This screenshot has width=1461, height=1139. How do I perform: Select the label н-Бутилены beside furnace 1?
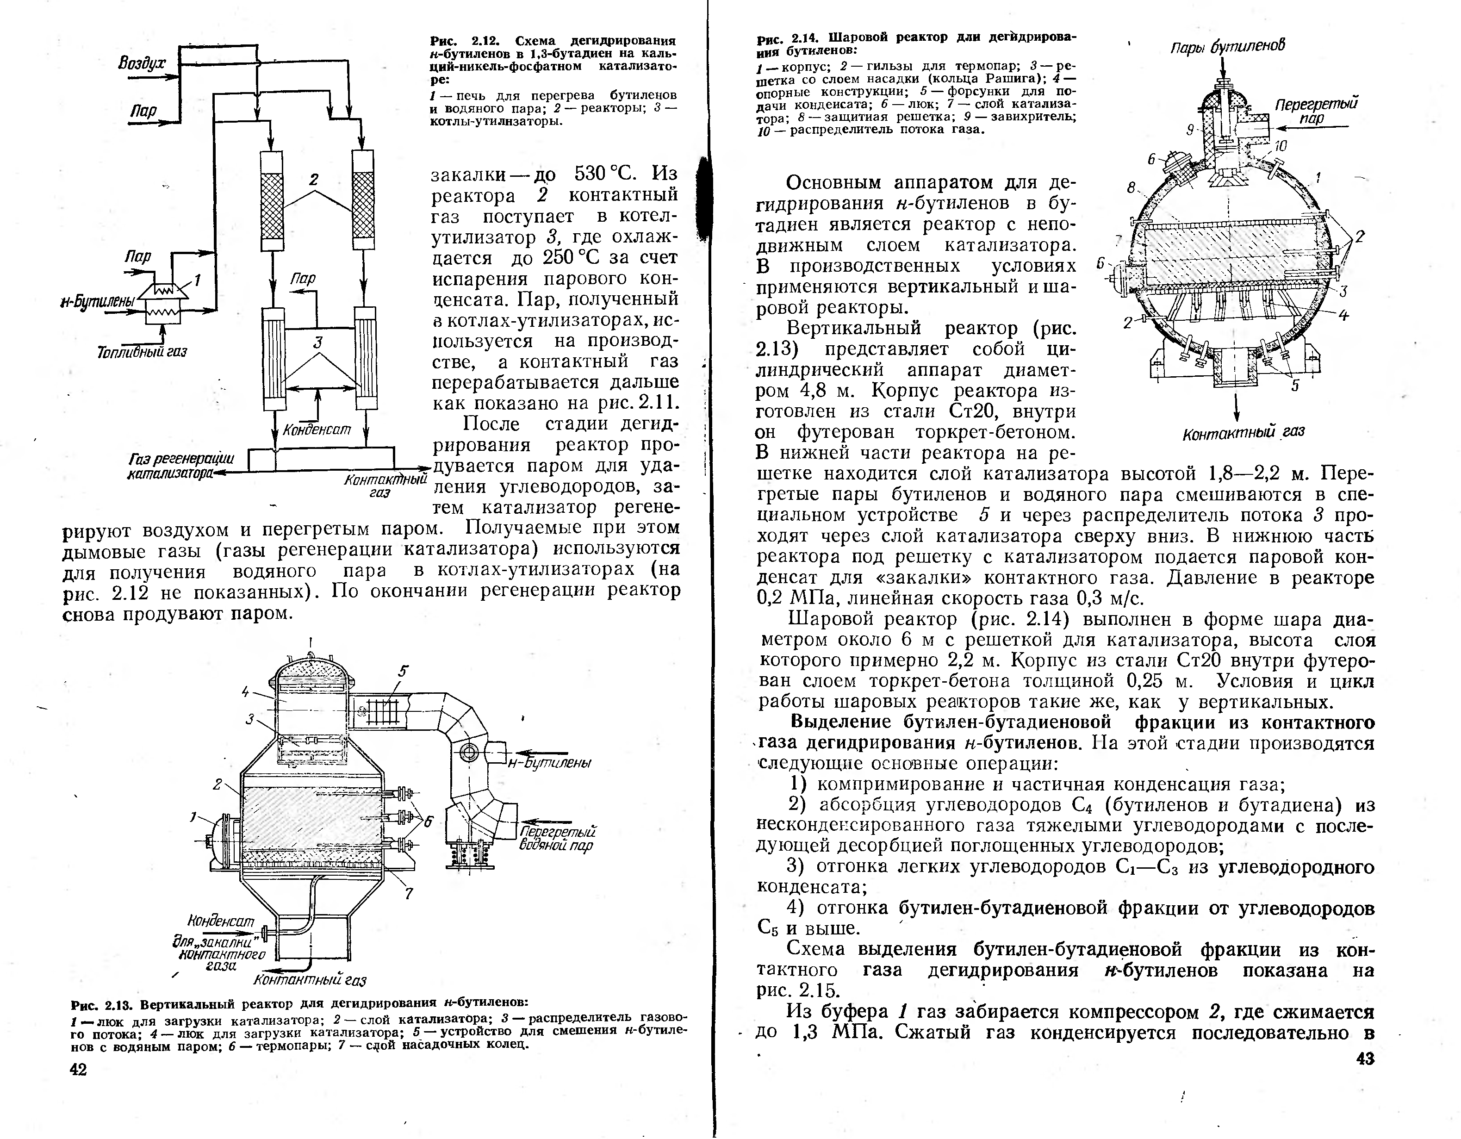point(98,302)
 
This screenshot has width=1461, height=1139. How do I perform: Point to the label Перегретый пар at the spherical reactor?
point(1316,111)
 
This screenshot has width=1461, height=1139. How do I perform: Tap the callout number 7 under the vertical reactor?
point(409,893)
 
